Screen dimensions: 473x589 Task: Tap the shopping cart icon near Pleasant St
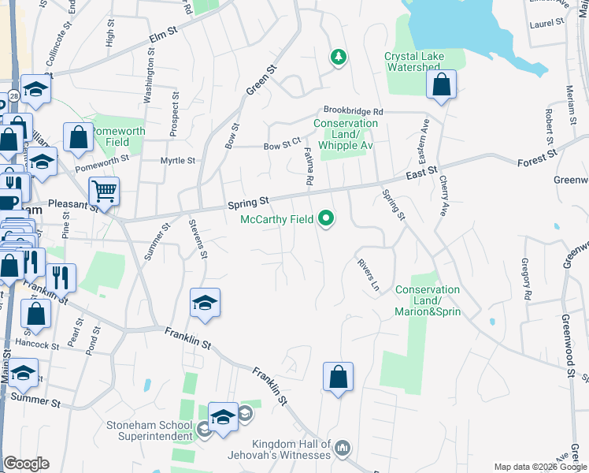[104, 192]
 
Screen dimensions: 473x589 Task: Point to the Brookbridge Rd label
[352, 112]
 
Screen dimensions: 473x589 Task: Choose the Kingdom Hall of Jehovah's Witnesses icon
[342, 449]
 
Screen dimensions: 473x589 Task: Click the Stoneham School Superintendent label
[150, 430]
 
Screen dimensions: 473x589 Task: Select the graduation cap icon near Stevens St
[205, 303]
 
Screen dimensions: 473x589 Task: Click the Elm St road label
[160, 39]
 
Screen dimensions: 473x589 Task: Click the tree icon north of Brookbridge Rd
[338, 57]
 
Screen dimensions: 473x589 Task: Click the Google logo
[26, 464]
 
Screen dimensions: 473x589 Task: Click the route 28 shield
[14, 95]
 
